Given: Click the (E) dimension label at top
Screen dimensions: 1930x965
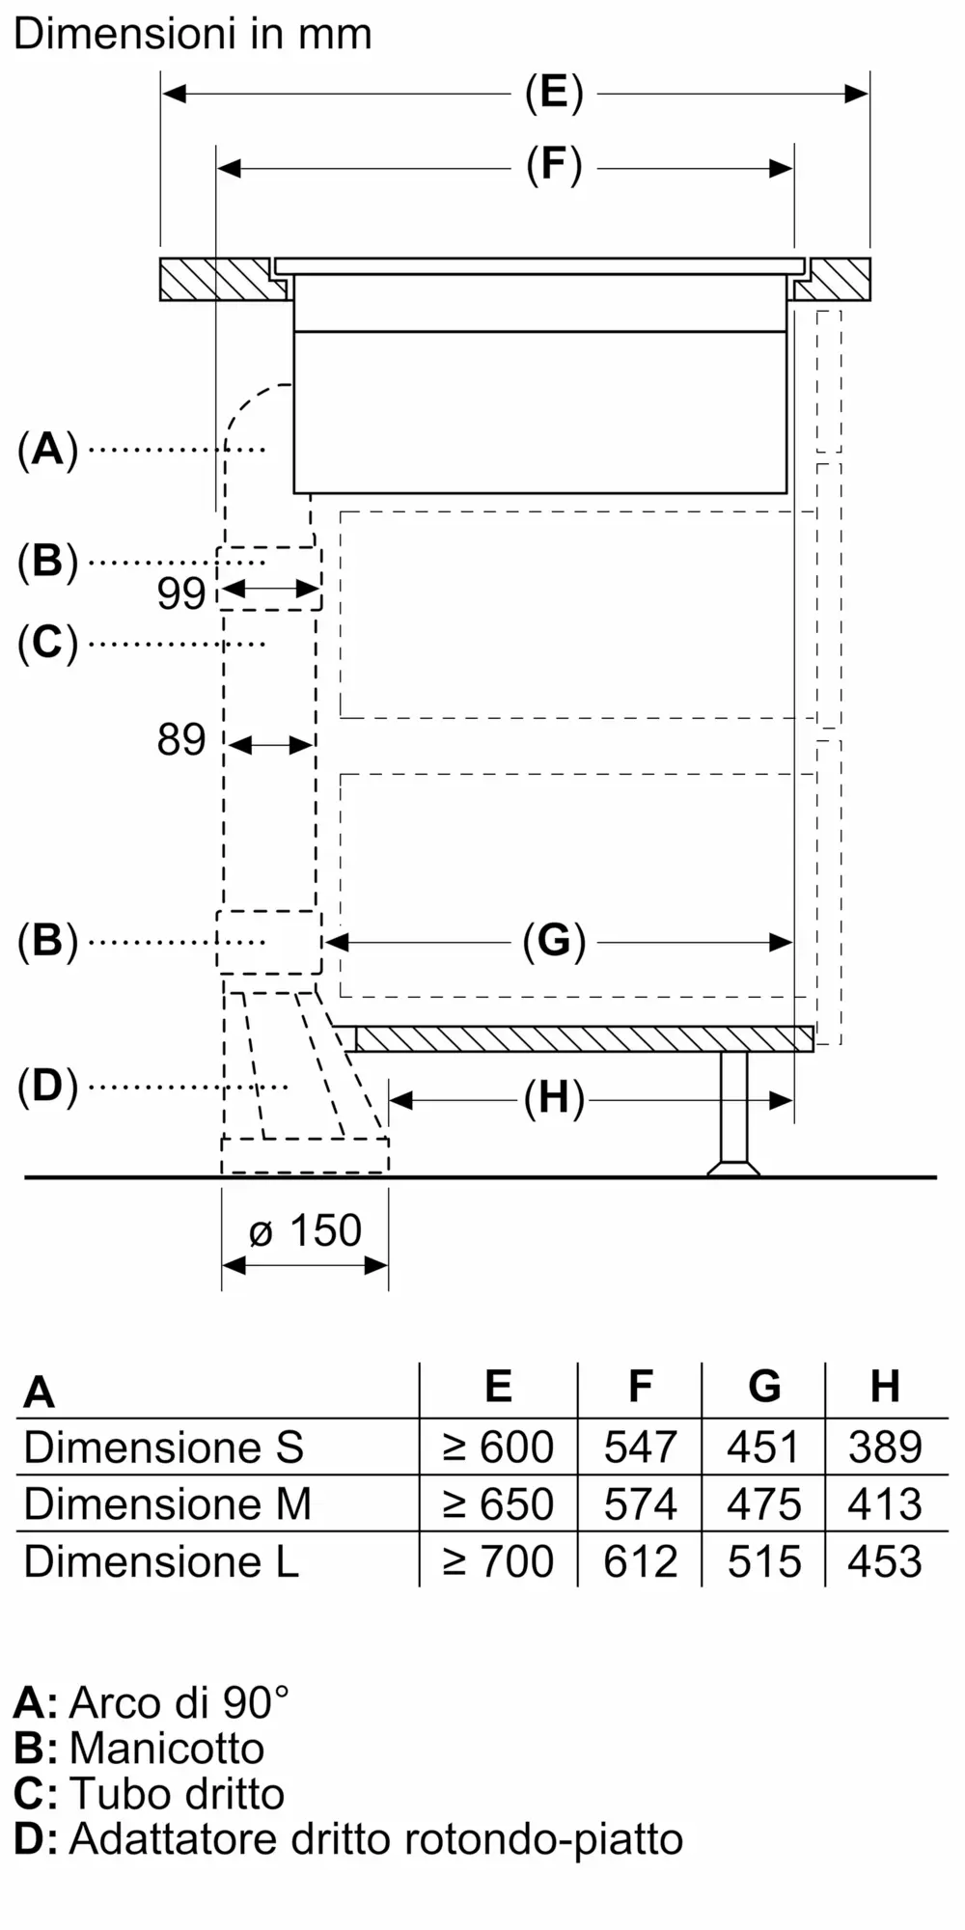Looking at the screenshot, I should click(554, 93).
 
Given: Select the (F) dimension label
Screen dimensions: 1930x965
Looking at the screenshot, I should click(554, 166).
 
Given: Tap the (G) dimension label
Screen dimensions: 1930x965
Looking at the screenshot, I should click(554, 941).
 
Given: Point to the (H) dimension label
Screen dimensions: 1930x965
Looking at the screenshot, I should click(554, 1099).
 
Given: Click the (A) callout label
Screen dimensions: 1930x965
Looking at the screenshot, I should click(47, 450).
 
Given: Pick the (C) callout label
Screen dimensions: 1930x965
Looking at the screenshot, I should click(47, 643).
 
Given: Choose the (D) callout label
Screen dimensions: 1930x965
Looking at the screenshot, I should click(47, 1087).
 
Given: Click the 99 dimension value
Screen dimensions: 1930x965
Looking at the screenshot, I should click(181, 593).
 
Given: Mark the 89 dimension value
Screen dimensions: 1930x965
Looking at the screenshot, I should click(181, 740).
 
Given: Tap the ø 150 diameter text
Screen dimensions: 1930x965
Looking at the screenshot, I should click(305, 1231).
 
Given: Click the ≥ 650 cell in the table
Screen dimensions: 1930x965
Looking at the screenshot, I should click(498, 1504).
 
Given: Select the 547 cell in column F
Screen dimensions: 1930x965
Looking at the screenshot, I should click(640, 1447).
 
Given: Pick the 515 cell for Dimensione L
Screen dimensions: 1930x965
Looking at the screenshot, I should click(763, 1561).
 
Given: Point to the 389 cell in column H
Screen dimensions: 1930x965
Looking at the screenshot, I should click(885, 1447).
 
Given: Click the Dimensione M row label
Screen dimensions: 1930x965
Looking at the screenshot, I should click(167, 1504).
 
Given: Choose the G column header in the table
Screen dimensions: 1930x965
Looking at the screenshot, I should click(763, 1387).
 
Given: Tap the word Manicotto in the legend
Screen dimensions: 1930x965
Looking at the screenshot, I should click(167, 1749).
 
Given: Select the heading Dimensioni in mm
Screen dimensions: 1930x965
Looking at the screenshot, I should click(192, 35).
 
